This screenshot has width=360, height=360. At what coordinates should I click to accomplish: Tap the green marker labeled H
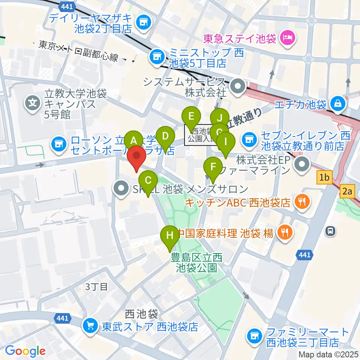170,236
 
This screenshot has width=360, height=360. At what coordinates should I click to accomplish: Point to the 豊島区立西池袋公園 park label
196,262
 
